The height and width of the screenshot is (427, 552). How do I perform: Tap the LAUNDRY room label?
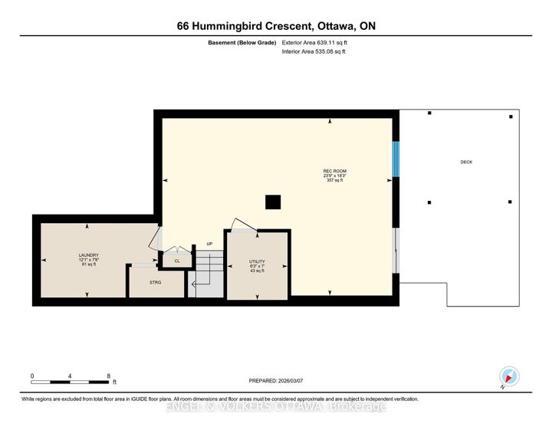point(88,255)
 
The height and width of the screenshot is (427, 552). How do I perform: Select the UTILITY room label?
point(256,261)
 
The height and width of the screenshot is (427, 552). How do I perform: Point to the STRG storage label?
point(156,282)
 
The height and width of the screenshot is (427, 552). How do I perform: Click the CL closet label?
point(176,261)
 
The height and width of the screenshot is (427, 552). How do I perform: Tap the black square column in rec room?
point(272,202)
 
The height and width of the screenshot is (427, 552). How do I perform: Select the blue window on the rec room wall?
point(396,159)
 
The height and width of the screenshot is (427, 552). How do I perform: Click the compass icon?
point(510,376)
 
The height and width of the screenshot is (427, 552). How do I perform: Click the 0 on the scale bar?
point(32,376)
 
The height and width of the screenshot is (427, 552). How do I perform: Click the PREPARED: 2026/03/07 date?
point(281,381)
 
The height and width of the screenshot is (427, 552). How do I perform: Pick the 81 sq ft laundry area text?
point(88,265)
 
